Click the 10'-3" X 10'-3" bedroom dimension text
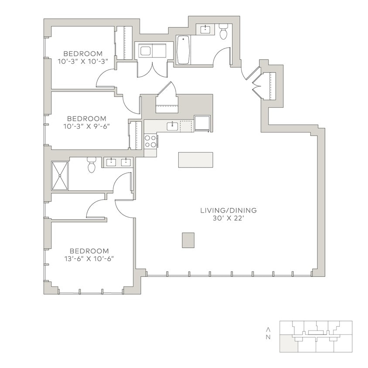[x=82, y=62]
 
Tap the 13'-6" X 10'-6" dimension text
[x=89, y=259]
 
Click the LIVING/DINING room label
[x=228, y=211]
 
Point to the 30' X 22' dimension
[x=228, y=218]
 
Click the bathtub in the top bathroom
[x=183, y=49]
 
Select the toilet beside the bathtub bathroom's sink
[x=224, y=32]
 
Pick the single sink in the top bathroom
[x=205, y=30]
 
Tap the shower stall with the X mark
[x=60, y=176]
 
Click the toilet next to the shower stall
[x=91, y=165]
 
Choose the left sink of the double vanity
[x=111, y=163]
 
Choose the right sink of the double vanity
[x=126, y=163]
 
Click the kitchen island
[x=195, y=160]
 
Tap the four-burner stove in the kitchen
[x=151, y=141]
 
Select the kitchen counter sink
[x=172, y=126]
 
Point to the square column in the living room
[x=188, y=240]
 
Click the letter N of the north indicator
[x=269, y=337]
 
